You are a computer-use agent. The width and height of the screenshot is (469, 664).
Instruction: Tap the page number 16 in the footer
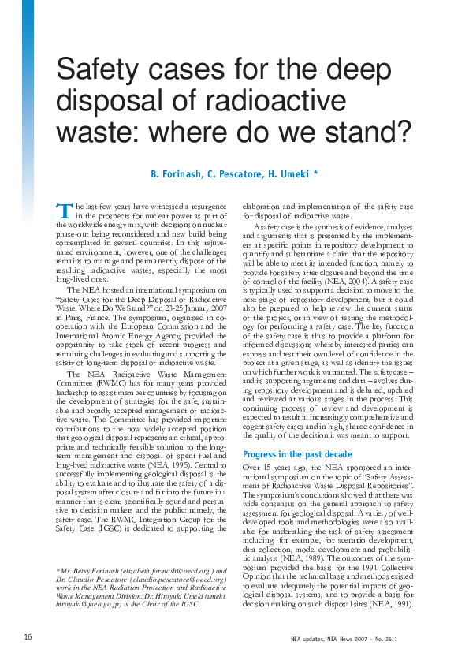coord(28,636)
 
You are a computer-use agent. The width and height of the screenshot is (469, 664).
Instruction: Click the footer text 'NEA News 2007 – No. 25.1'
coord(389,636)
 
